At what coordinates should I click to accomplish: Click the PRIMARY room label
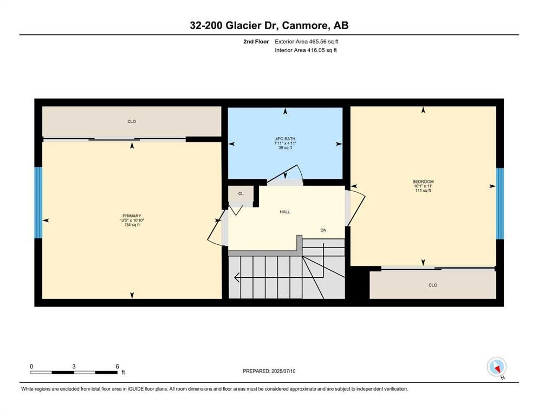[132, 216]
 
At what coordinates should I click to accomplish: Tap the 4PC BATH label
[285, 139]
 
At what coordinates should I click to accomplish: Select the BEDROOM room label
[423, 182]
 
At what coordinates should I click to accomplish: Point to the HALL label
[285, 212]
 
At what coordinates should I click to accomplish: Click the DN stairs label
[323, 230]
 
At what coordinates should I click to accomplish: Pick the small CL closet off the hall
[241, 194]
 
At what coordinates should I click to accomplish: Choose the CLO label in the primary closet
[132, 121]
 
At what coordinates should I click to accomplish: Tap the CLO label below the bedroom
[433, 285]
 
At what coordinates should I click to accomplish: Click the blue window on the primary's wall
[38, 203]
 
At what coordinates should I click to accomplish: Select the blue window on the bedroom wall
[500, 204]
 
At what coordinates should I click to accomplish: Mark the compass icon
[496, 367]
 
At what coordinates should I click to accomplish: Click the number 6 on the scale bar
[117, 366]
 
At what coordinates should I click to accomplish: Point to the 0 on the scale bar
[31, 366]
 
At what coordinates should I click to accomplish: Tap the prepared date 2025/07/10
[283, 371]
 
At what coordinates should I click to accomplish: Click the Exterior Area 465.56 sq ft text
[307, 42]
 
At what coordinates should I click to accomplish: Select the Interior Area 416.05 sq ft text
[306, 50]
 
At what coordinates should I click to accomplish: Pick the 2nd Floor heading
[256, 42]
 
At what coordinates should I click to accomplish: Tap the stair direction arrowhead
[237, 277]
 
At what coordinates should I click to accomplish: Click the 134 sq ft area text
[132, 225]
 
